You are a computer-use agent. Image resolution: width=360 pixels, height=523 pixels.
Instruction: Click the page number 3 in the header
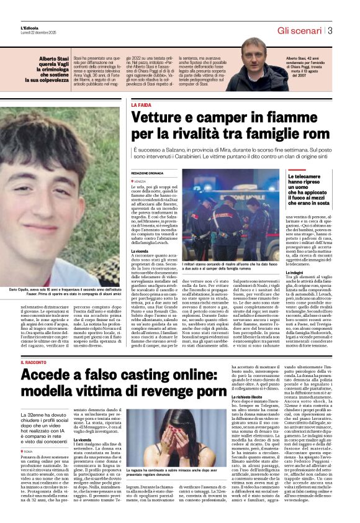(x=331, y=30)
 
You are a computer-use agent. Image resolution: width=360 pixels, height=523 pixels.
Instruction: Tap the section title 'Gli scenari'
(x=300, y=30)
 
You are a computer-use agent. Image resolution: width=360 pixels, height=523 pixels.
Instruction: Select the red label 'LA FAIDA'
(x=141, y=106)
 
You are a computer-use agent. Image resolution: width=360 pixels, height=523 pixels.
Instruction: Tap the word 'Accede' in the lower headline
(x=48, y=375)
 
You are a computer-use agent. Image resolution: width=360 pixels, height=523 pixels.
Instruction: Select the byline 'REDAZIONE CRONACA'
(x=148, y=173)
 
